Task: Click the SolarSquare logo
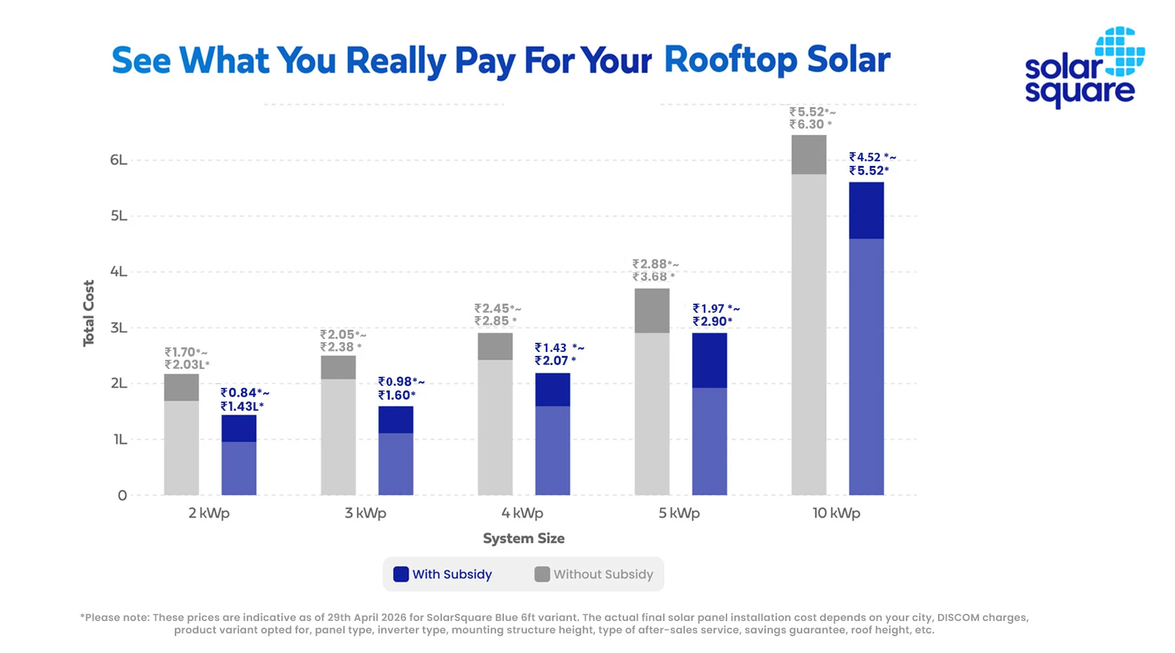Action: [1084, 68]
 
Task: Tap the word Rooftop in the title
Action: [730, 60]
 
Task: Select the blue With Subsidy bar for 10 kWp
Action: [866, 340]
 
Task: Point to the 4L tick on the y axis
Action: [119, 272]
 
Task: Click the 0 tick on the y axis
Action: [122, 496]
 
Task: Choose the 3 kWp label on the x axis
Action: [366, 513]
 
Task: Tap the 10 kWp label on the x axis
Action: [836, 513]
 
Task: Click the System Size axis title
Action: [524, 539]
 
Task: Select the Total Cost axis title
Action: [89, 313]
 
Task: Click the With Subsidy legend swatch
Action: [401, 574]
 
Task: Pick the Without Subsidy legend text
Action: [603, 575]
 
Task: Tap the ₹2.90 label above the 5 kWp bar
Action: [712, 321]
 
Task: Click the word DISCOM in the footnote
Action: [958, 617]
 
